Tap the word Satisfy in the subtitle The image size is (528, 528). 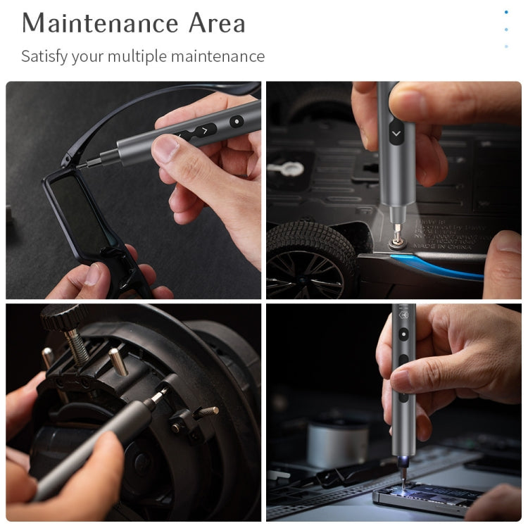43,56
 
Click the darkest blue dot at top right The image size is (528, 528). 506,12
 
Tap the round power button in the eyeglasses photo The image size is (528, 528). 235,120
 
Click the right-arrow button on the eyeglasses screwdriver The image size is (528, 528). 205,130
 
